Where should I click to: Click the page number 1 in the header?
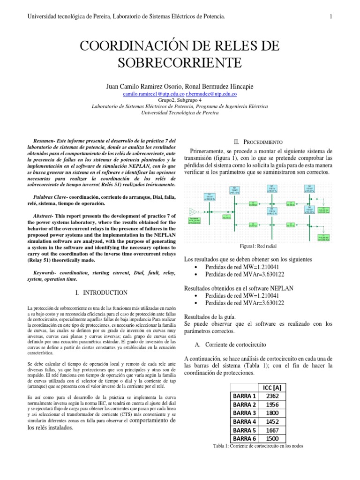point(331,17)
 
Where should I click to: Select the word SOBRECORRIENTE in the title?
point(180,62)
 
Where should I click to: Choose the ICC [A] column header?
point(272,387)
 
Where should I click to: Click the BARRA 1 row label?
point(245,396)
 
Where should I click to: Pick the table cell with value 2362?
point(272,396)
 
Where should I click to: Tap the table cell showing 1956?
point(272,405)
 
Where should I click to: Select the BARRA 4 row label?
point(245,422)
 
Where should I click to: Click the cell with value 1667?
point(272,430)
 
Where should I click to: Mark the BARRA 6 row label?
point(245,439)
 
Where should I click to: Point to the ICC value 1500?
point(272,439)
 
